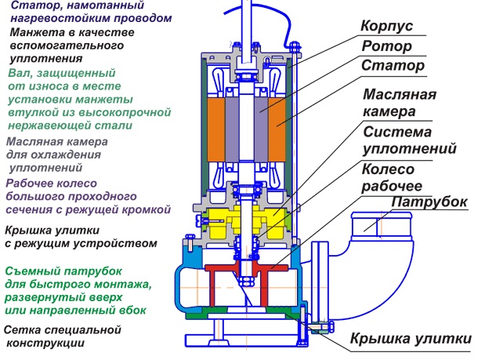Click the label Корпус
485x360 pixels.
(387, 26)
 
